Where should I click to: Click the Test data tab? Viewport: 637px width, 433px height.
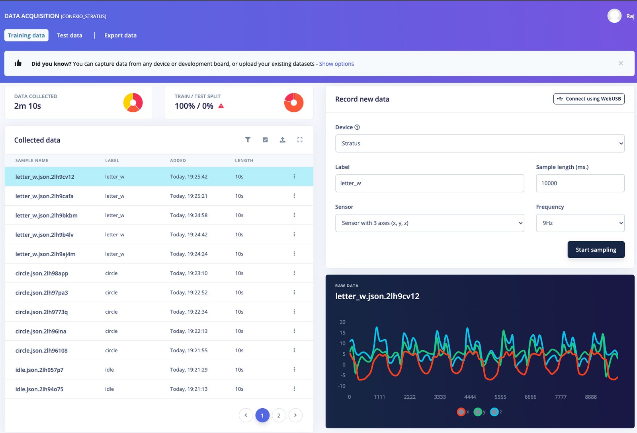tap(69, 35)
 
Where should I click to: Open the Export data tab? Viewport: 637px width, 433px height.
tap(120, 35)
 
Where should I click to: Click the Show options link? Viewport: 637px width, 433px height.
tap(336, 64)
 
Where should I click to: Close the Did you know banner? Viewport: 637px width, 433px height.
tap(621, 63)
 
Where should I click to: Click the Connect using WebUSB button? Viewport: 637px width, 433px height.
tap(589, 99)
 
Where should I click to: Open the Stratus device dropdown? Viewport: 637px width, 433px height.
tap(480, 143)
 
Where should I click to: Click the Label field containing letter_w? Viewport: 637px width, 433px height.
tap(430, 183)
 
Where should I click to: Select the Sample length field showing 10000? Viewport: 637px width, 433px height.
tap(580, 183)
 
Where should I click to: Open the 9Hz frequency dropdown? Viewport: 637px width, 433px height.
tap(580, 223)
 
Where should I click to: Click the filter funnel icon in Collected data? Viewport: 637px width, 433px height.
tap(248, 140)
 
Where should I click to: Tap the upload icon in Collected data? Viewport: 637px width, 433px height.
tap(282, 140)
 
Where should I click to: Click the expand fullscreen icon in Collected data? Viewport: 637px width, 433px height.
tap(300, 140)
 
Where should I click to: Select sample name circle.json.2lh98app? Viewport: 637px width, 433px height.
tap(42, 273)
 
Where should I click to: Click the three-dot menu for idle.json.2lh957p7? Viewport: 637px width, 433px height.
tap(294, 369)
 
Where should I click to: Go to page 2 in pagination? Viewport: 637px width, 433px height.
tap(279, 415)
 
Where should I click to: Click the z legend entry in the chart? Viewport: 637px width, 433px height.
tap(496, 412)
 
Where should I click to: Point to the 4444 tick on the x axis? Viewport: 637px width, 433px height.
tap(470, 397)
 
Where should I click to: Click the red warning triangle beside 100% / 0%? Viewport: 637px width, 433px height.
tap(221, 106)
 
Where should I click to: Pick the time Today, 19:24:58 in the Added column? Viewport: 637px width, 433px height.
tap(189, 215)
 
